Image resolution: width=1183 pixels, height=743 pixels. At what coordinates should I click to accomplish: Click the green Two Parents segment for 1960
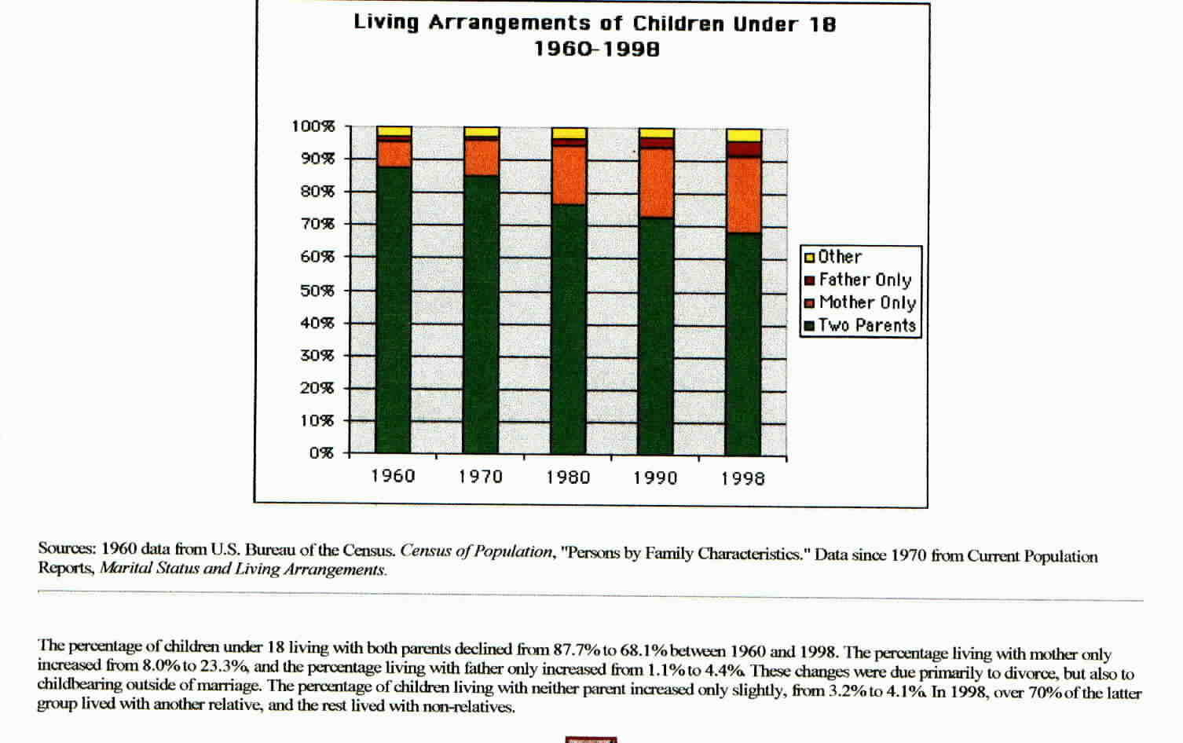pyautogui.click(x=394, y=309)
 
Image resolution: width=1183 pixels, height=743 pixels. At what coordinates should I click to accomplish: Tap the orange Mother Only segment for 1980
pyautogui.click(x=569, y=175)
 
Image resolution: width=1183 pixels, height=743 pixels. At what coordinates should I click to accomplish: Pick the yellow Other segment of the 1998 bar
pyautogui.click(x=743, y=135)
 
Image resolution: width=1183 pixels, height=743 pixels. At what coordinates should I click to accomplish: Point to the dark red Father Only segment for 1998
pyautogui.click(x=743, y=149)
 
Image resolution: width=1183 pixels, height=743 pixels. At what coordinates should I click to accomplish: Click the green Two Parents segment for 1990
pyautogui.click(x=656, y=335)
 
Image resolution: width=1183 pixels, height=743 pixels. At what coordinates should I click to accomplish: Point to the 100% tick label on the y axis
pyautogui.click(x=313, y=126)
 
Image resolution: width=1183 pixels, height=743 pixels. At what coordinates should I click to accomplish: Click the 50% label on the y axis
pyautogui.click(x=317, y=291)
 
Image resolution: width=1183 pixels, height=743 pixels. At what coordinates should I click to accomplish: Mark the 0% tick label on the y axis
pyautogui.click(x=321, y=453)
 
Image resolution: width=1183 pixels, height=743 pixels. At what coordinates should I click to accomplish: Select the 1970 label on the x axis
pyautogui.click(x=481, y=476)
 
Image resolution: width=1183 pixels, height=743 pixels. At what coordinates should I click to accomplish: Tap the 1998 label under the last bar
pyautogui.click(x=743, y=478)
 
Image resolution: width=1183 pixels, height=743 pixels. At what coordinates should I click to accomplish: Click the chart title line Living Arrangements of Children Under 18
pyautogui.click(x=595, y=23)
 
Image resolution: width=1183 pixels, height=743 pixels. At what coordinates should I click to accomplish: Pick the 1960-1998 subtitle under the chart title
pyautogui.click(x=597, y=49)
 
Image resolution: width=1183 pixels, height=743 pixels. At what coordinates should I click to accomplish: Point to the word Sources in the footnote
pyautogui.click(x=67, y=548)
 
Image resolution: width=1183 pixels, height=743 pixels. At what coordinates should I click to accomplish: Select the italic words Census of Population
pyautogui.click(x=477, y=551)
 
